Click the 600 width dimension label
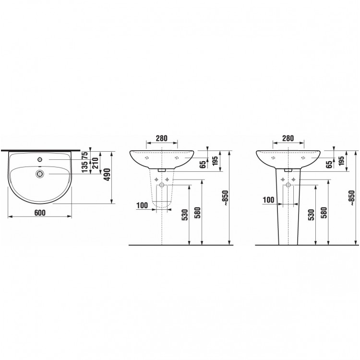coord(40,213)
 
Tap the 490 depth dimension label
coord(107,175)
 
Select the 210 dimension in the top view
coord(95,163)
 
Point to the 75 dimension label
coord(85,156)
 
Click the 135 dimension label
coord(85,167)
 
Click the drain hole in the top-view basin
coord(40,174)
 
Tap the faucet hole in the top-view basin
coord(40,159)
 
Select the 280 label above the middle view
coord(162,138)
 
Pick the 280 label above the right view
coord(288,138)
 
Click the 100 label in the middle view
coord(142,205)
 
